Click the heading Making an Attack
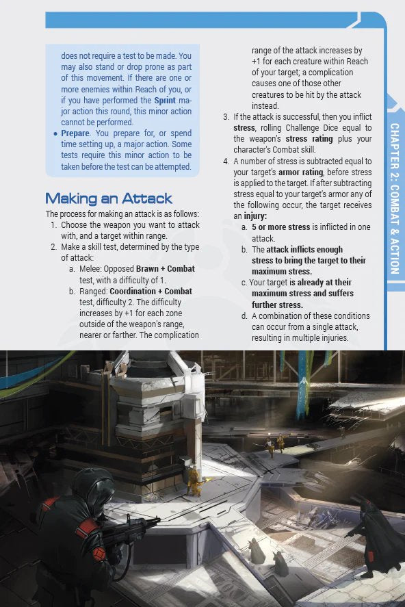point(108,198)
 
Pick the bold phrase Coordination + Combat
point(151,291)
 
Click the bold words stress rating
point(309,139)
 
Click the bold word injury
point(254,216)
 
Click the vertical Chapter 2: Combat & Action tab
point(394,198)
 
